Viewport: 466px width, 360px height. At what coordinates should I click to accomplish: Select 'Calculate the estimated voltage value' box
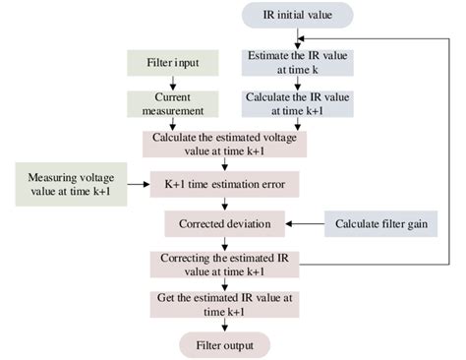pos(225,144)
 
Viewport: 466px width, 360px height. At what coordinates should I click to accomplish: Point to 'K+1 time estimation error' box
pos(225,184)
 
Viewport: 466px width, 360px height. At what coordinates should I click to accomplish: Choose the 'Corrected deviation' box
pos(225,224)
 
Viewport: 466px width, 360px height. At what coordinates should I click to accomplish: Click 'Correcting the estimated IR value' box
pos(225,264)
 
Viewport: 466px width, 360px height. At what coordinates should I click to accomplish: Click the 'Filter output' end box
pos(225,344)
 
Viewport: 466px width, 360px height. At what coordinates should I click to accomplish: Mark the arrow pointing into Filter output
pos(225,325)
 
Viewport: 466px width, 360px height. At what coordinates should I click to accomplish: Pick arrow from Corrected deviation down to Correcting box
pos(225,243)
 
